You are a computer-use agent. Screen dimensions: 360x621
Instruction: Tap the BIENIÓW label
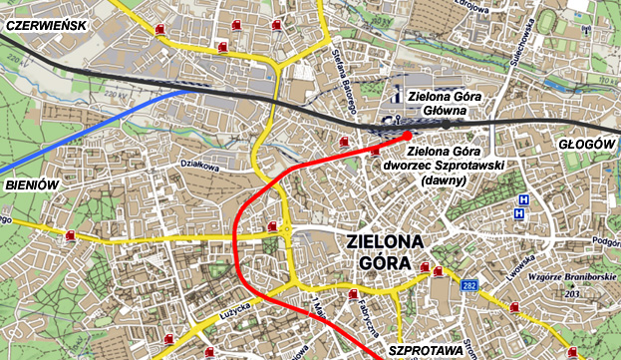(32, 185)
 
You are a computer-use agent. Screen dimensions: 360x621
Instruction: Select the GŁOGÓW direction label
(586, 145)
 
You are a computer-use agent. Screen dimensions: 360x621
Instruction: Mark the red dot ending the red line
(407, 134)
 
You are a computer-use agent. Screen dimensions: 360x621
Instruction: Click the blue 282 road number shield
(469, 286)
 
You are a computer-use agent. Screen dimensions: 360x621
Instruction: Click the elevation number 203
(572, 293)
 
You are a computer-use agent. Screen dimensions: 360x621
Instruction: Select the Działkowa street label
(198, 168)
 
